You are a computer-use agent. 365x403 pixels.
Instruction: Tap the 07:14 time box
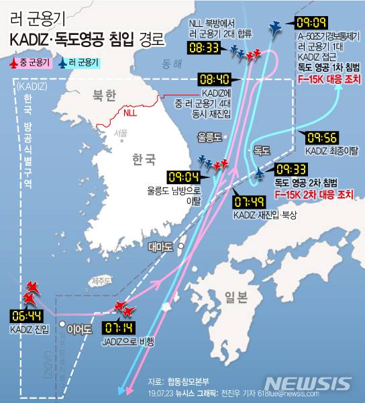tap(120, 329)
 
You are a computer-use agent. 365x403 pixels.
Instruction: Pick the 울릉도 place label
tap(209, 136)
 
